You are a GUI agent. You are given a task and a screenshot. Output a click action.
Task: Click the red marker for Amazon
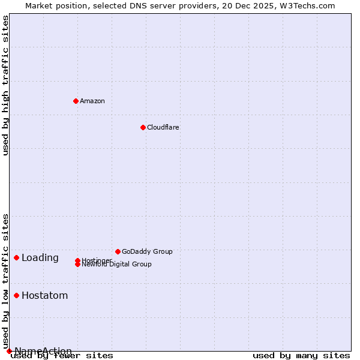tap(76, 101)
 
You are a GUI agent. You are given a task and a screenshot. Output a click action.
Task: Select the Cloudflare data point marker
tap(143, 127)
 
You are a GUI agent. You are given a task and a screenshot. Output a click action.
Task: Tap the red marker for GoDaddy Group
tap(118, 251)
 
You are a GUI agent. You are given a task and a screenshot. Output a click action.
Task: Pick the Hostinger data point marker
tap(77, 260)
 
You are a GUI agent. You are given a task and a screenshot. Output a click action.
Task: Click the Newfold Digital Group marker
tap(77, 265)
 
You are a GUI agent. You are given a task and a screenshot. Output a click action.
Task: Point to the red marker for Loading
tap(16, 257)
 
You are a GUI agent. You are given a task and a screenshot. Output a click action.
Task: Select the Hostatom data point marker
tap(16, 295)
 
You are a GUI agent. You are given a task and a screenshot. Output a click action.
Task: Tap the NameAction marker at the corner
tap(9, 351)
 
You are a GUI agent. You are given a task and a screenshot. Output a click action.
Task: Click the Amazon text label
tap(92, 101)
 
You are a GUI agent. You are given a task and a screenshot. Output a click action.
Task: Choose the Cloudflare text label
tap(163, 127)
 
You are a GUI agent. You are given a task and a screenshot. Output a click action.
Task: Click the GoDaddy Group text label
tap(147, 251)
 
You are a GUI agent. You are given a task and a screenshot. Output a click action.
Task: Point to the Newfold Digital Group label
tap(117, 265)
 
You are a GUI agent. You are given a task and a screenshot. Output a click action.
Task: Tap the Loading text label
tap(40, 258)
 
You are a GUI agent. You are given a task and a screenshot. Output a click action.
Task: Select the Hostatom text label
tap(45, 296)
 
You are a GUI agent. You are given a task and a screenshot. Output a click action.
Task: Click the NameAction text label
tap(43, 351)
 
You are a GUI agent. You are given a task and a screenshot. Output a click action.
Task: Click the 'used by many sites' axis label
tap(301, 355)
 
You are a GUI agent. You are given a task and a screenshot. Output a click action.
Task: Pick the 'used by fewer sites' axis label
tap(62, 356)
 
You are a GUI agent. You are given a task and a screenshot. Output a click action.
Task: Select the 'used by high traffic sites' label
tap(6, 85)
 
